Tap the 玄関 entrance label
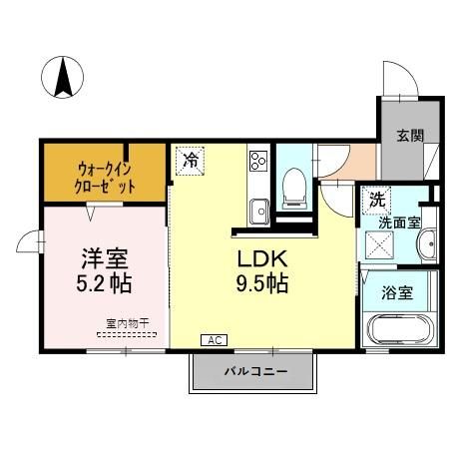(x=406, y=136)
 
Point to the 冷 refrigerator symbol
(x=189, y=160)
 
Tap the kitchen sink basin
(x=257, y=211)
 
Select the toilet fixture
(x=294, y=185)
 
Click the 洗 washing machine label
(x=376, y=200)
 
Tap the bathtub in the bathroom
(x=399, y=329)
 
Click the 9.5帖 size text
(x=261, y=284)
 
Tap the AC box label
(x=212, y=340)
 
